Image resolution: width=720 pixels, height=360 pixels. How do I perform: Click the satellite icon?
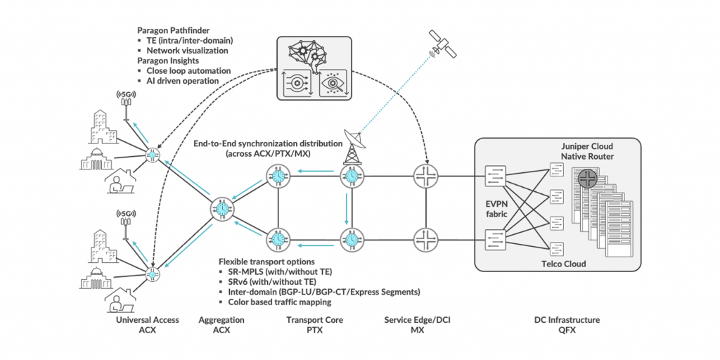point(444,46)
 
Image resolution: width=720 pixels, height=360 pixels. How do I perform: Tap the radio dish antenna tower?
point(351,145)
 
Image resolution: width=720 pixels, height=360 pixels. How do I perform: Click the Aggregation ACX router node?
point(222,209)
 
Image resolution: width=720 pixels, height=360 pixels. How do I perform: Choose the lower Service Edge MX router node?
point(425,238)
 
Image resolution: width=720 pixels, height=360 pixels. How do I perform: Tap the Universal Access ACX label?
point(147,325)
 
